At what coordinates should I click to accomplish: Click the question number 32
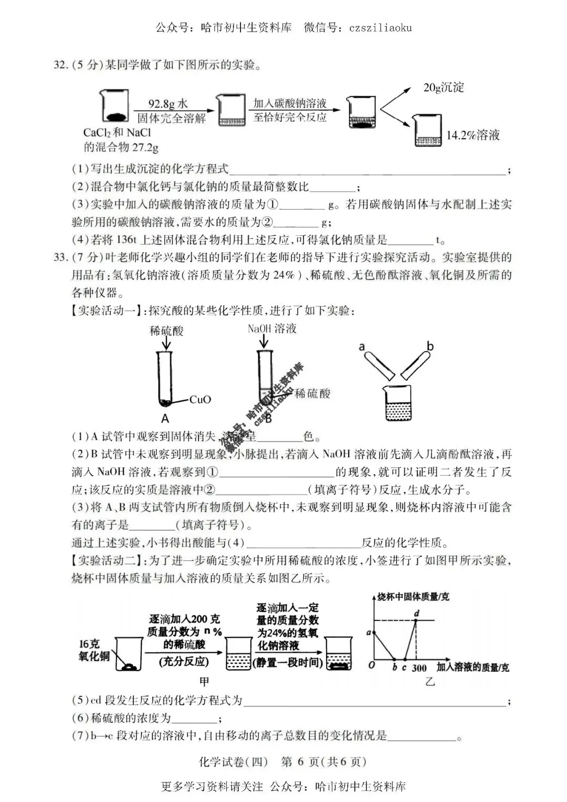click(x=61, y=65)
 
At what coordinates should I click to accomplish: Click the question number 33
click(x=61, y=257)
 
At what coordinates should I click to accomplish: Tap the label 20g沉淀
click(x=444, y=87)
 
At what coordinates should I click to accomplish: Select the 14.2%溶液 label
click(x=472, y=135)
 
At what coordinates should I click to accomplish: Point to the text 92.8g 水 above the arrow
click(x=168, y=103)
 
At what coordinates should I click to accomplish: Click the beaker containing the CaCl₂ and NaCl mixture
click(x=114, y=108)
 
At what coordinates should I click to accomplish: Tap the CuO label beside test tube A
click(x=200, y=400)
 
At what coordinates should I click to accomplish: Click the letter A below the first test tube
click(x=165, y=419)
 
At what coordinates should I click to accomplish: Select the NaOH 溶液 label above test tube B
click(x=272, y=329)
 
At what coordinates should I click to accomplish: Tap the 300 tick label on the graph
click(x=419, y=668)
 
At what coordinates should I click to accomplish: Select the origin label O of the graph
click(x=372, y=665)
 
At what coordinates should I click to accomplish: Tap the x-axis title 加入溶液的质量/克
click(x=472, y=668)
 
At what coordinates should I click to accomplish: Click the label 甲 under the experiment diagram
click(x=204, y=681)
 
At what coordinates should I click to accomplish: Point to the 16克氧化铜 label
click(x=94, y=650)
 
